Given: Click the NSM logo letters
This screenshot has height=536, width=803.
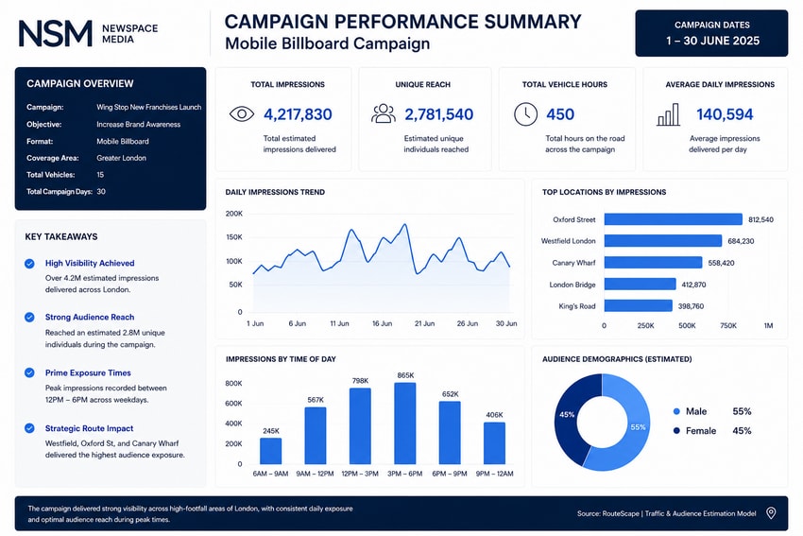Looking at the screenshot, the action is tap(56, 34).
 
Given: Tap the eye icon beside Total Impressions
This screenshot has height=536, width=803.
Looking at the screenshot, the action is tap(242, 113).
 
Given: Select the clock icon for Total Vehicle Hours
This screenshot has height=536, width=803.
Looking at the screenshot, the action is tap(525, 114).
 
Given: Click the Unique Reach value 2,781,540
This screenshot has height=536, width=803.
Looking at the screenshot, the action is tap(439, 114).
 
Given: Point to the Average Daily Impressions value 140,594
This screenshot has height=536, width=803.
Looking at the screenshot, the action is tap(725, 114).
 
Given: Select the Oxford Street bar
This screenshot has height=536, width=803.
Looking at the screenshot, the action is tap(673, 219).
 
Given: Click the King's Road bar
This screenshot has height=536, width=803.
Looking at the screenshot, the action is tap(638, 306).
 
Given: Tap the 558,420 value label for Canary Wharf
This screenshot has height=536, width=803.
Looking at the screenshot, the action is tap(721, 263).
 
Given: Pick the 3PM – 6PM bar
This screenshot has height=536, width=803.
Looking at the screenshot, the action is tap(405, 424).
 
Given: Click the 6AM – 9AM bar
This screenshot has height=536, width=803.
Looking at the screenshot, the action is tap(270, 451).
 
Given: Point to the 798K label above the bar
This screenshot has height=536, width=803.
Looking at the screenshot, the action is tap(360, 381).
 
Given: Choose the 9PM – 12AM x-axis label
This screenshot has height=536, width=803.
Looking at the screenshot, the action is tap(494, 474).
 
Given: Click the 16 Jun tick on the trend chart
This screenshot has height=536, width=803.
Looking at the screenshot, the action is tap(382, 323).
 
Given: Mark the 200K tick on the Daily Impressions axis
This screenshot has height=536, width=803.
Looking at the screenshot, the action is tap(234, 214).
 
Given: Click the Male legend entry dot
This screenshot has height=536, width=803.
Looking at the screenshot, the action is tap(676, 411).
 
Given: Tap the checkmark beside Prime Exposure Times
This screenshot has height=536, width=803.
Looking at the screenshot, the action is tap(29, 372).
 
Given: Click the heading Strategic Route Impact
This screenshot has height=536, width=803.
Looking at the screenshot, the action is tap(89, 428).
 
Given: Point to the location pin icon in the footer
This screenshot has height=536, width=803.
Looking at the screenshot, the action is tap(771, 513).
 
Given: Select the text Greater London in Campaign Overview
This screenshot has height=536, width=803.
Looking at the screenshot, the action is tap(121, 158).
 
